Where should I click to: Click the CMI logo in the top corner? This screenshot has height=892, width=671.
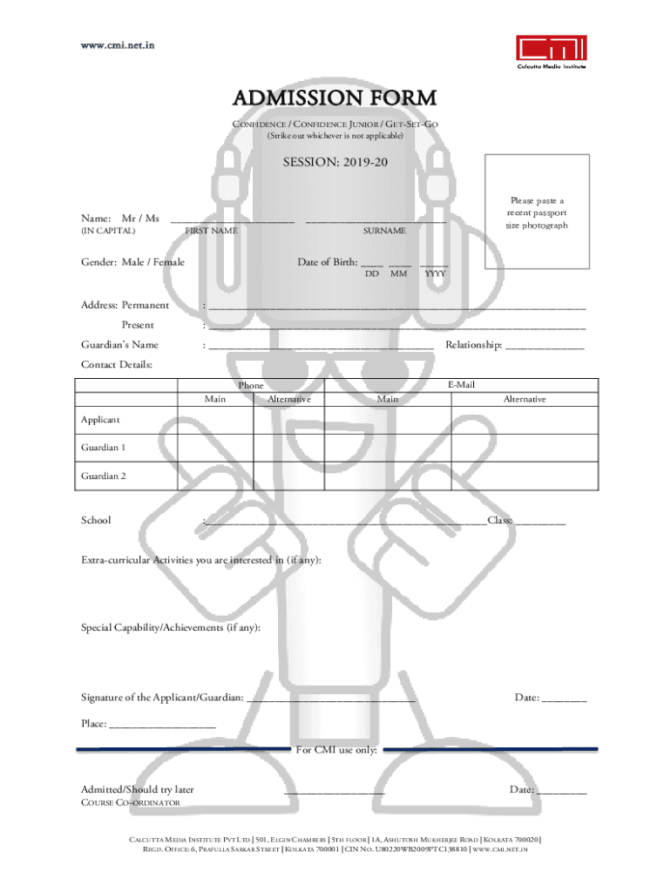click(551, 52)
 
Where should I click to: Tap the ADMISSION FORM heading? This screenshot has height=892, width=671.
click(335, 98)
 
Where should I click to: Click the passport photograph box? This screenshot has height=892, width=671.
click(537, 213)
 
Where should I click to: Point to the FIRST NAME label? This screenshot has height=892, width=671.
click(212, 231)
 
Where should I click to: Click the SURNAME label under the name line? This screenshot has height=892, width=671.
click(384, 231)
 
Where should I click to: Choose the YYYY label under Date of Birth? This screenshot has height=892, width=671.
click(434, 274)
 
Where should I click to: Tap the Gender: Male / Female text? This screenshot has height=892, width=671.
click(132, 261)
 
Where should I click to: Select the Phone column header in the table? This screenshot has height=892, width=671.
click(251, 385)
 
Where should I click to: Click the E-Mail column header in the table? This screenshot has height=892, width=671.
click(461, 385)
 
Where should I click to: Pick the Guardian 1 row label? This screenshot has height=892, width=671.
click(104, 448)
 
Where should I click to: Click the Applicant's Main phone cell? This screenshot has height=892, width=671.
click(215, 420)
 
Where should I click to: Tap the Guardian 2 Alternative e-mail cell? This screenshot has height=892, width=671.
click(524, 476)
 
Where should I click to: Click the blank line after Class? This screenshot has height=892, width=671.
click(539, 523)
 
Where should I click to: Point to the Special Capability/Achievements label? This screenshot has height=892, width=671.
click(170, 627)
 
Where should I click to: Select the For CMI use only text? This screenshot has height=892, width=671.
click(336, 750)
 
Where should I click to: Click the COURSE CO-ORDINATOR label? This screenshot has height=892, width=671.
click(131, 802)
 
